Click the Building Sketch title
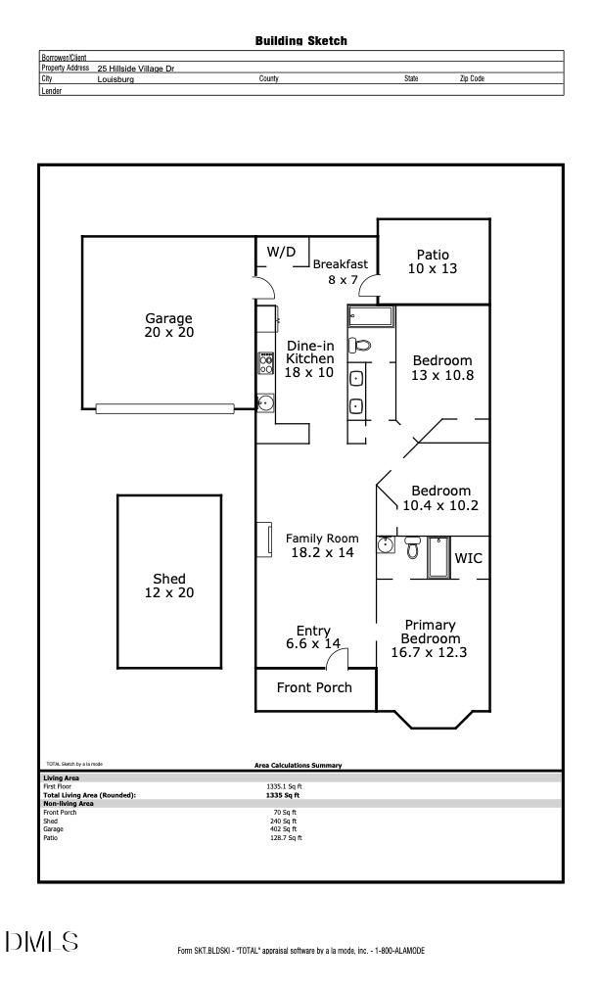click(300, 41)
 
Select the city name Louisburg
click(115, 78)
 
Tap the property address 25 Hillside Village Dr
click(136, 69)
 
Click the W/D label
click(281, 252)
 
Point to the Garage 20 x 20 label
click(168, 325)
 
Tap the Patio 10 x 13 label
click(433, 261)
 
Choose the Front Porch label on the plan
click(313, 687)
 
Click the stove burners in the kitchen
click(265, 364)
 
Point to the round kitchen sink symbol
click(264, 401)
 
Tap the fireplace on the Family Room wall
click(262, 540)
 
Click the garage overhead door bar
click(164, 408)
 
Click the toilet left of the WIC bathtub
click(411, 548)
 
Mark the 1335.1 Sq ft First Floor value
click(284, 786)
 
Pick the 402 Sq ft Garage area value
click(284, 829)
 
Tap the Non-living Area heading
click(69, 804)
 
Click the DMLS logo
click(42, 942)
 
